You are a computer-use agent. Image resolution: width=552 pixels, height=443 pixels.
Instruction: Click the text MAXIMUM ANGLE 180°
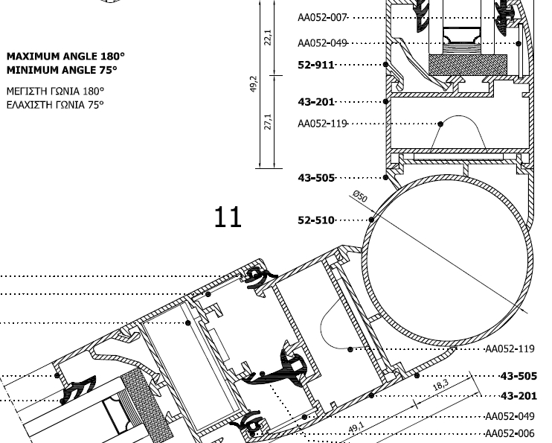point(65,57)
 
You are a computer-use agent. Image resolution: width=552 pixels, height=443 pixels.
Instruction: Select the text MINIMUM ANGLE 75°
point(62,70)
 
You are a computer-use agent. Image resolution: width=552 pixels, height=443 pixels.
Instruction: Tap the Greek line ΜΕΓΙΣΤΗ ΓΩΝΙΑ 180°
point(56,92)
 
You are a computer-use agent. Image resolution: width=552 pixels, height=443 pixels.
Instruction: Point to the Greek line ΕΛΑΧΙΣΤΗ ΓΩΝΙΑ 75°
point(55,105)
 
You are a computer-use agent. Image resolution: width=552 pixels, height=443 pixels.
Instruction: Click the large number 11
point(228,217)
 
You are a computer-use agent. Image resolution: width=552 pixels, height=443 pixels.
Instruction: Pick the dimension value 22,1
point(268,37)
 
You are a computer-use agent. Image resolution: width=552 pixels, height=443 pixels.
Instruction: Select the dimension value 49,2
point(254,84)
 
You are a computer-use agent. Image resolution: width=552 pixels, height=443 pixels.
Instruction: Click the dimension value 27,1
point(268,121)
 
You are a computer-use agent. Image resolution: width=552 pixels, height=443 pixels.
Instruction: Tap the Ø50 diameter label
point(360,197)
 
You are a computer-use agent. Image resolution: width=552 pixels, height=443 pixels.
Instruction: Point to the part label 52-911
point(316,65)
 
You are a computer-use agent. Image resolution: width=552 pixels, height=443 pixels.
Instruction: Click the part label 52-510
point(316,220)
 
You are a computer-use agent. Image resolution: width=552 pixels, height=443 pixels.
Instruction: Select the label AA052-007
point(322,18)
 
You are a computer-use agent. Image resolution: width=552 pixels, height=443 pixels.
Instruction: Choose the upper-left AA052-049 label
point(322,43)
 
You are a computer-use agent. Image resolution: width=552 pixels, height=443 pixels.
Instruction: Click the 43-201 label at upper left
point(316,102)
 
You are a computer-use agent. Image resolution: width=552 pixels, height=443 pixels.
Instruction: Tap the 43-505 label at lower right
point(519,376)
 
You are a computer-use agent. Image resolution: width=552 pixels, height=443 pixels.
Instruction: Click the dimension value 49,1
point(356,428)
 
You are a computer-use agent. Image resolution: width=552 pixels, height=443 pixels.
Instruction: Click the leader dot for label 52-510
point(372,220)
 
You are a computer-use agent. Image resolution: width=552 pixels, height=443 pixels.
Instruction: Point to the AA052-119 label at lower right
point(510,349)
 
